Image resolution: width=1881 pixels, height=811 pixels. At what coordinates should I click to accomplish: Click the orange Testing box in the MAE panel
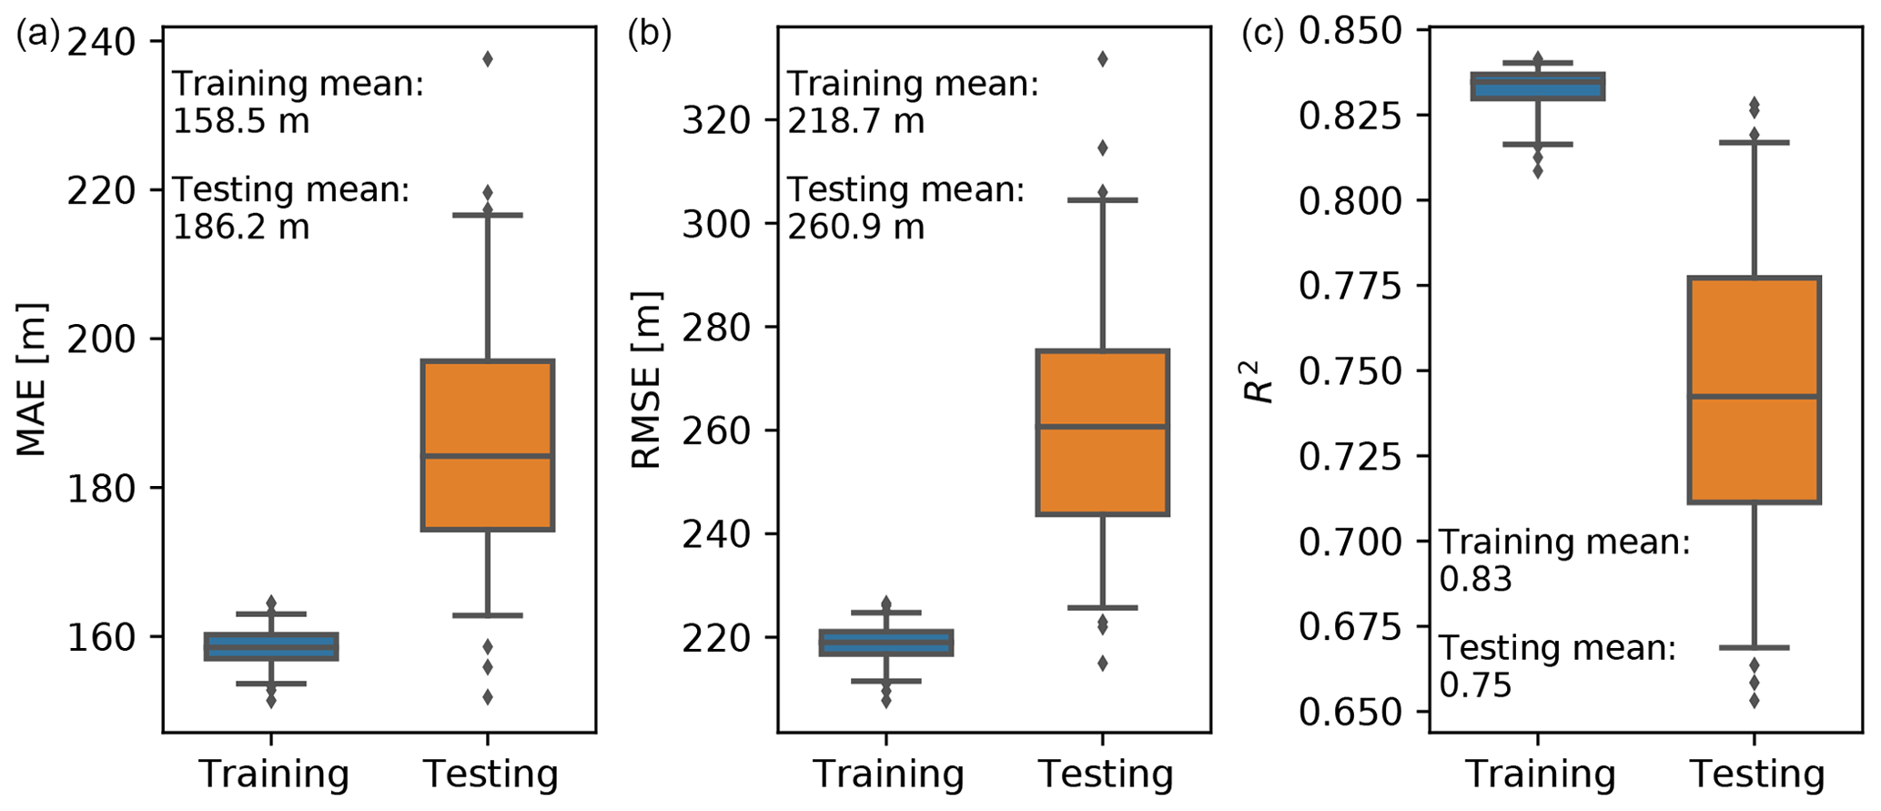point(488,410)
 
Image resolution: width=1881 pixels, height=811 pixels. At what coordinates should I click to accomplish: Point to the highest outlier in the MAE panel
point(488,59)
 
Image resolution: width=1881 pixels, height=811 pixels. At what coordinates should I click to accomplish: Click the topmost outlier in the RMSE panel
point(1102,59)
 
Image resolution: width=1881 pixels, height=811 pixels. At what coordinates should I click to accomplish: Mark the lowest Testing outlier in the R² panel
point(1754,700)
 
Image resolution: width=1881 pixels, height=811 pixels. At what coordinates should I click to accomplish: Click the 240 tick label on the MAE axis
point(101,42)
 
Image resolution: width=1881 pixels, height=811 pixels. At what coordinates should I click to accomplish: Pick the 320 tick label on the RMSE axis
point(715,120)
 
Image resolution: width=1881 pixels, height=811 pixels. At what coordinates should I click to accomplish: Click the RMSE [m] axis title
point(646,380)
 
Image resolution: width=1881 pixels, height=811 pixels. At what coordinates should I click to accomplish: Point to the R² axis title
point(1259,381)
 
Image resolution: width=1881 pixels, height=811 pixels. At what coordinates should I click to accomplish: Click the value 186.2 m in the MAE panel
point(241,227)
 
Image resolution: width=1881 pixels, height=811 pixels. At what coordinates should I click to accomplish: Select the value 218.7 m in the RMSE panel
point(855,121)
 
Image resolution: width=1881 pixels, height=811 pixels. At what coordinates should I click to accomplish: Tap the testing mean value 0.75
point(1475,685)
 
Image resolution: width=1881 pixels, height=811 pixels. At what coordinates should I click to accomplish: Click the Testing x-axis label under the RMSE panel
point(1106,775)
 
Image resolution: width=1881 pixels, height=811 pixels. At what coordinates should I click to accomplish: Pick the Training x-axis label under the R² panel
point(1540,775)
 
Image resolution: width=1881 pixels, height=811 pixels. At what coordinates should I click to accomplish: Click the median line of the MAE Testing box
point(488,456)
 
